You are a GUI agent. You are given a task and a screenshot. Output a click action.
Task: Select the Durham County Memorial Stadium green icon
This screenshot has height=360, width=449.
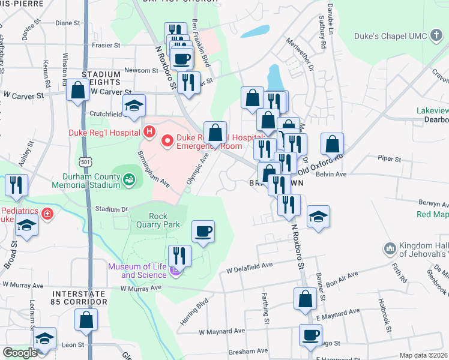[128, 179]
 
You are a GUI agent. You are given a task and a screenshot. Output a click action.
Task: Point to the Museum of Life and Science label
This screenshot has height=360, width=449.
[137, 271]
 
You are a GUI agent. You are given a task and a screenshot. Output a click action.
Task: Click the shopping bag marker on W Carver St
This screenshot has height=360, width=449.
[79, 91]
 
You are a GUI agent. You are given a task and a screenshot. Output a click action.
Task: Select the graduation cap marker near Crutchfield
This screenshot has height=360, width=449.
[134, 106]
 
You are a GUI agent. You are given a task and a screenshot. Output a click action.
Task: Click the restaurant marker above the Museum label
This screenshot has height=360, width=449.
[179, 254]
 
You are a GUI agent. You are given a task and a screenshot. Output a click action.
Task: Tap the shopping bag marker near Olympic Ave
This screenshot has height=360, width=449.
[215, 133]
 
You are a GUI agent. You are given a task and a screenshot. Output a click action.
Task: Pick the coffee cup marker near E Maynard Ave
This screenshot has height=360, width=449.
[310, 335]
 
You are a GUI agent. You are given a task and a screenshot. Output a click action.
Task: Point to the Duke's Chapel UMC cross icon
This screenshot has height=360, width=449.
[435, 37]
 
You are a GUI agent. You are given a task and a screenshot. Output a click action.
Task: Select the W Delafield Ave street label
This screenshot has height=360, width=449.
[249, 266]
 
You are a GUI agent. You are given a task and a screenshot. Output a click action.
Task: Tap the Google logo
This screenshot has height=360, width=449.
[20, 353]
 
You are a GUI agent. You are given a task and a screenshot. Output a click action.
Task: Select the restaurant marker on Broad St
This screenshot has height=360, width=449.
[16, 185]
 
